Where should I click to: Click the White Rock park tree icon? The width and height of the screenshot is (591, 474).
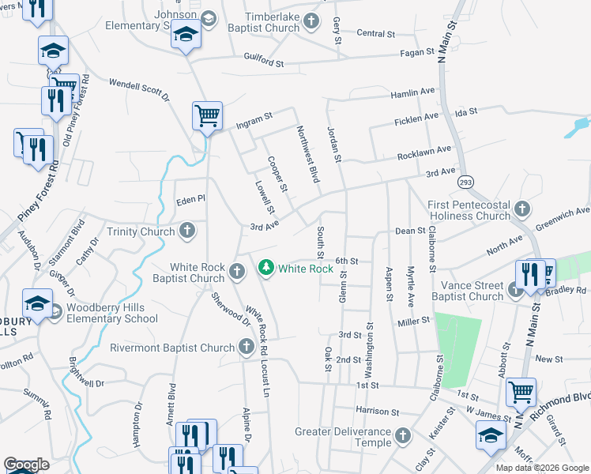coord(267,269)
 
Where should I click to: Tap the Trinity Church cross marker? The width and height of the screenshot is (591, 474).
coord(187,231)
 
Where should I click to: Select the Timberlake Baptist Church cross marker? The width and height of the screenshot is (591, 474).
coord(312,21)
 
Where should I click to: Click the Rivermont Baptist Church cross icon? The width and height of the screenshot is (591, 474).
coord(247,348)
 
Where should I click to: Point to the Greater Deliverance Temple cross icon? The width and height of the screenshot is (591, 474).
coord(403,435)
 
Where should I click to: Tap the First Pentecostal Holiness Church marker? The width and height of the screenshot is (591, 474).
coord(521,209)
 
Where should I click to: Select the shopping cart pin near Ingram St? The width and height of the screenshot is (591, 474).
coord(207,116)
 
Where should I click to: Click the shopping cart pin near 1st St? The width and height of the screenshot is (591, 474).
coord(521,391)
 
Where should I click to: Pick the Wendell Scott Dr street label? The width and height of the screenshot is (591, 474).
coord(140,89)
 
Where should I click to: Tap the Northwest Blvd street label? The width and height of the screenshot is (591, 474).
coord(308,154)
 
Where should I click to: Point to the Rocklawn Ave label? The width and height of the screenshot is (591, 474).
coord(424,149)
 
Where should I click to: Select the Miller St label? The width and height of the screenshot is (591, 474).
coord(413,321)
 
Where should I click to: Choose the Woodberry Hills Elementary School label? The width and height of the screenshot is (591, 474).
coord(112,314)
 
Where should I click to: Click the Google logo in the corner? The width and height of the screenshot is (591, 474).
coord(27,465)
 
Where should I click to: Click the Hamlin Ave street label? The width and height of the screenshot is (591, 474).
coord(413,93)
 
